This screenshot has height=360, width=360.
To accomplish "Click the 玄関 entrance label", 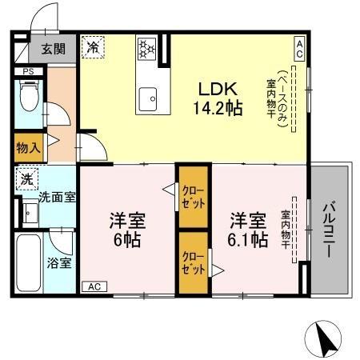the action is point(54,49).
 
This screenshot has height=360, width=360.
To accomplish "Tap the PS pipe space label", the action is point(28,71).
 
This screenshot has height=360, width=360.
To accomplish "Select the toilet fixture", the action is point(29,95).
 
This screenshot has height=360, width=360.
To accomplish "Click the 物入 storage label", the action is point(28,148).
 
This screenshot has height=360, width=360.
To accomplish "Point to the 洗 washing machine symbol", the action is point(27,179).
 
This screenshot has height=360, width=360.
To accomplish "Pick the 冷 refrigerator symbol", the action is point(93,47).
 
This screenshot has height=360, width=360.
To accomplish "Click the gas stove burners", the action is point(146,49).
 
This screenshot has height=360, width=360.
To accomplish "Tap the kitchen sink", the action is point(147,98).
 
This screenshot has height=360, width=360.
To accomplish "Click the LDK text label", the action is point(218,89).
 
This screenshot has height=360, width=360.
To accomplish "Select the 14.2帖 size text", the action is point(218,108).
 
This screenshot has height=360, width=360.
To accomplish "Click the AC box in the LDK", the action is point(299,49).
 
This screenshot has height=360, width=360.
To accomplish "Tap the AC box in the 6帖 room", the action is point(94,286).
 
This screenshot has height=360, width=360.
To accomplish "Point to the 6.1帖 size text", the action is point(248,239).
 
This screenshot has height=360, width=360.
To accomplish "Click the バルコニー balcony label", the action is point(330,230).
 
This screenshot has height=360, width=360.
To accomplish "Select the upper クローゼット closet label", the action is point(194,198).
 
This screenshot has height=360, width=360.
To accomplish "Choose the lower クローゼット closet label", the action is point(194,263).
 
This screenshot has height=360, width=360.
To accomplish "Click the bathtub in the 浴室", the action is point(29,263).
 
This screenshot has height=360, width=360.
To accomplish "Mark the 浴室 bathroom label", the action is point(59,263).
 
